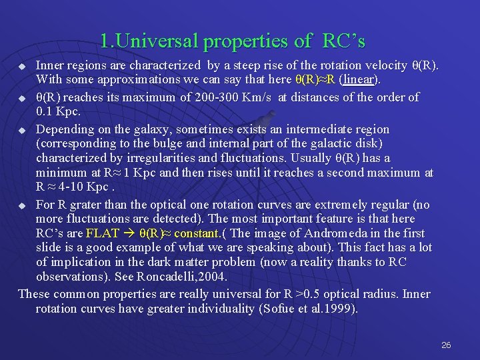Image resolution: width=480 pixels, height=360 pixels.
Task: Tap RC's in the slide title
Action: pyautogui.click(x=343, y=41)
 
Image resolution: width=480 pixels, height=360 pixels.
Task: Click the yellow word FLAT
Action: pyautogui.click(x=103, y=233)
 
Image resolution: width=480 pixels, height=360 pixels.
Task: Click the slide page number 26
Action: pyautogui.click(x=446, y=345)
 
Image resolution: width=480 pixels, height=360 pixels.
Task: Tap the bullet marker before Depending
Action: pyautogui.click(x=22, y=130)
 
